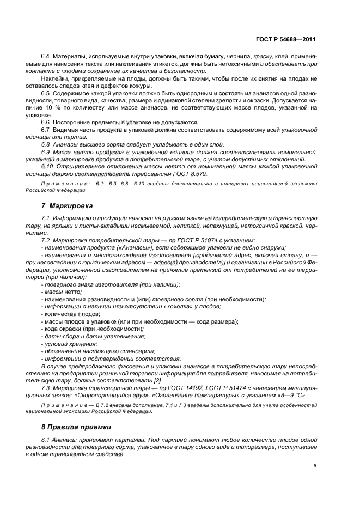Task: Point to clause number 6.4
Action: (x=46, y=56)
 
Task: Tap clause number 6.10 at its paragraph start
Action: (x=48, y=165)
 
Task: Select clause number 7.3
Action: (x=46, y=387)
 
